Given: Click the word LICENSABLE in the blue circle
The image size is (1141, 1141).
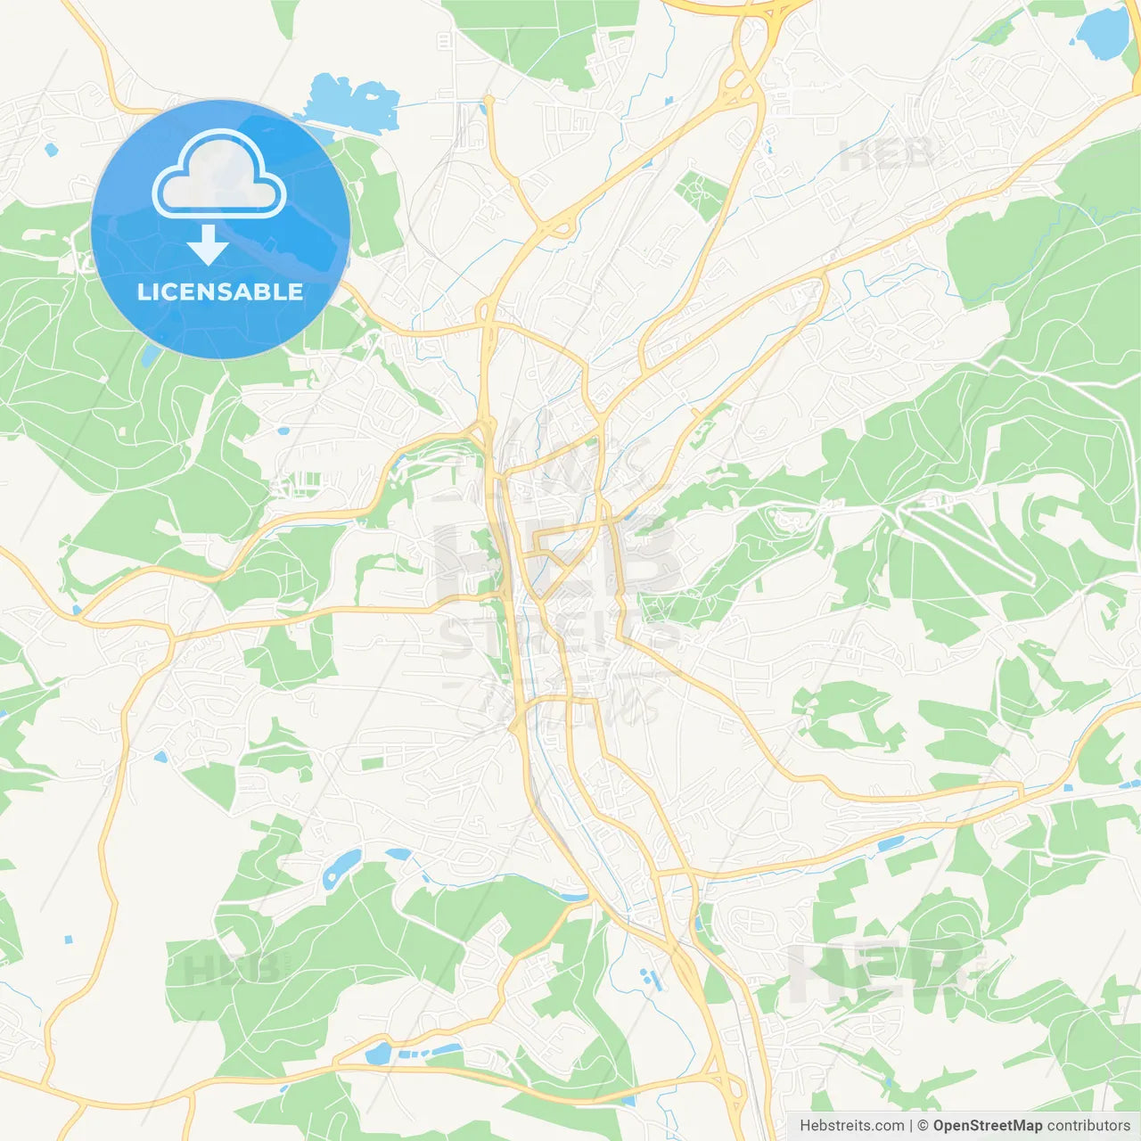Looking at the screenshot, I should [x=220, y=292].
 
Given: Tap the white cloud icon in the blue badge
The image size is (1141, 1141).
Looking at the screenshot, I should [x=219, y=176].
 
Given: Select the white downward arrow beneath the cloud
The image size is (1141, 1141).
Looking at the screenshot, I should [x=208, y=244].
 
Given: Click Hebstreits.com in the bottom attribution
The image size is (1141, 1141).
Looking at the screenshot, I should [x=851, y=1126].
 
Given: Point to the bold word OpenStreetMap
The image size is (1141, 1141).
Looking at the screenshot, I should [x=987, y=1126].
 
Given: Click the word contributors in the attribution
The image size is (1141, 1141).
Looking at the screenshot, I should [x=1088, y=1126].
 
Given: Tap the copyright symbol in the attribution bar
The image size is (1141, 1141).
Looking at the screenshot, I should [x=923, y=1126].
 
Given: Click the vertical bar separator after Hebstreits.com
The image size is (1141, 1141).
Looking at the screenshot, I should [x=910, y=1126].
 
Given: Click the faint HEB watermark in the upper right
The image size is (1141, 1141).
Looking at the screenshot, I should [x=888, y=155].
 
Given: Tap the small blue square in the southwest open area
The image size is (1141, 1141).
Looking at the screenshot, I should [x=69, y=939].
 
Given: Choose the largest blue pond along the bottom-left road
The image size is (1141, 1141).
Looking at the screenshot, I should [x=378, y=1054].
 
